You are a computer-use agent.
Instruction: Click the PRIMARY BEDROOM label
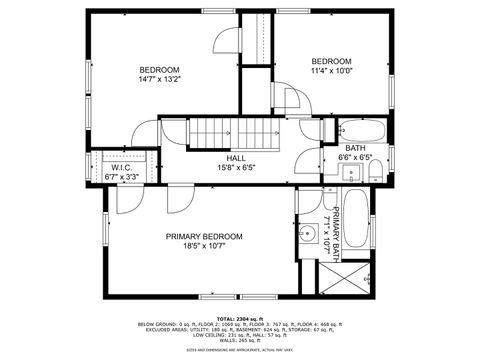pyautogui.click(x=203, y=236)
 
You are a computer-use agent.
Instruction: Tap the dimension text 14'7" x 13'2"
pyautogui.click(x=159, y=80)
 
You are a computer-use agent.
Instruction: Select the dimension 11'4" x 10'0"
pyautogui.click(x=331, y=71)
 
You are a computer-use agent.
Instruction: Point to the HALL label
pyautogui.click(x=236, y=158)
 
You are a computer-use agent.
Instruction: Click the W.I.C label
pyautogui.click(x=121, y=168)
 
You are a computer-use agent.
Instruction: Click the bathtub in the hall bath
pyautogui.click(x=355, y=129)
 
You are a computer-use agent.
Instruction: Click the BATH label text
pyautogui.click(x=355, y=148)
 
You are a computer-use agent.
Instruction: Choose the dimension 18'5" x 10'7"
pyautogui.click(x=203, y=246)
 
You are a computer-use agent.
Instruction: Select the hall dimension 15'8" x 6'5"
pyautogui.click(x=236, y=168)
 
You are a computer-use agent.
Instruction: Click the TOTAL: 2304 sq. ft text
pyautogui.click(x=240, y=318)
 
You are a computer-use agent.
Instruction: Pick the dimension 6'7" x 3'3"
pyautogui.click(x=121, y=177)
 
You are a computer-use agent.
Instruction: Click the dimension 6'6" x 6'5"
pyautogui.click(x=355, y=157)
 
